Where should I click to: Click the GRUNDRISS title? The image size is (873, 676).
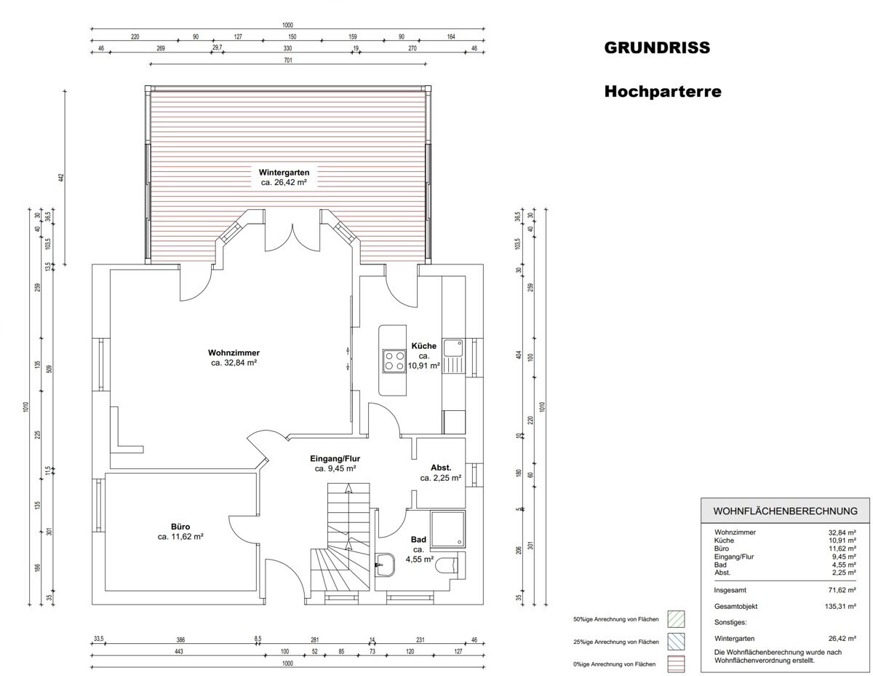[657, 47]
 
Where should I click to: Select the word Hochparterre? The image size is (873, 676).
[663, 91]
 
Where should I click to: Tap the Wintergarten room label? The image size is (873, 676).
[284, 173]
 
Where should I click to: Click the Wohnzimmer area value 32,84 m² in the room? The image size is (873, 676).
[234, 363]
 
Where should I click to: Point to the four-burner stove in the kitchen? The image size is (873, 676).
[394, 361]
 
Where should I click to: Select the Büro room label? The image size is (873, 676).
[180, 527]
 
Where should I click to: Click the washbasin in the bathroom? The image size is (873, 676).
[385, 565]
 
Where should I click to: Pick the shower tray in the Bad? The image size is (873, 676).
[447, 529]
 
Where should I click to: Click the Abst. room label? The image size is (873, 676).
[441, 468]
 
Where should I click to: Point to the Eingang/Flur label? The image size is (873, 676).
[335, 458]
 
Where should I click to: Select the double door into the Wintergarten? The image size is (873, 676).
[292, 237]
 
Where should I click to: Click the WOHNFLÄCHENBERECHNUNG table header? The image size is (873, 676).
[786, 511]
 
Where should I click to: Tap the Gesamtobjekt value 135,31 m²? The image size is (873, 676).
[840, 606]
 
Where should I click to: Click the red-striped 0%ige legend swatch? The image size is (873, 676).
[676, 664]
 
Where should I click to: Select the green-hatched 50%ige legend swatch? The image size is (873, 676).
[676, 619]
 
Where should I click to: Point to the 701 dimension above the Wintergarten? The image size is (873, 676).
[288, 60]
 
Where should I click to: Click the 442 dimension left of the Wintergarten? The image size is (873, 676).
[61, 177]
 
